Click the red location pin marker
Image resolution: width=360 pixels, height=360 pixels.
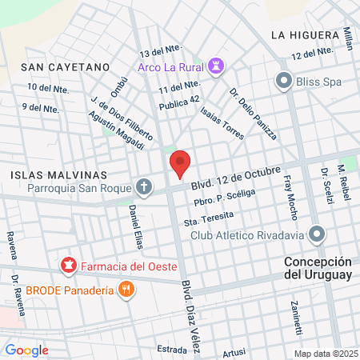pyautogui.click(x=180, y=163)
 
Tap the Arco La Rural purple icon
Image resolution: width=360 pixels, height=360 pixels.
pyautogui.click(x=215, y=67)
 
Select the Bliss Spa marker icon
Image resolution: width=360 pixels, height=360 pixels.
pyautogui.click(x=283, y=80)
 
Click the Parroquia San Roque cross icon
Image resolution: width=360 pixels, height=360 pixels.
pyautogui.click(x=144, y=188)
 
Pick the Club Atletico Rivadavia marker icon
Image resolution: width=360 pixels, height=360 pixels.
pyautogui.click(x=318, y=235)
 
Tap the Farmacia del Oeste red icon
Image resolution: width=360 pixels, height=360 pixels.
pyautogui.click(x=69, y=264)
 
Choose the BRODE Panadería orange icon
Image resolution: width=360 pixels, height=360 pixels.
pyautogui.click(x=126, y=290)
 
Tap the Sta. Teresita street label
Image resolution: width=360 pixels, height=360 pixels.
pyautogui.click(x=209, y=218)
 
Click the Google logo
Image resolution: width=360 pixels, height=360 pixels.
pyautogui.click(x=26, y=350)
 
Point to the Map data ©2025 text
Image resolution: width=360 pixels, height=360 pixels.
pyautogui.click(x=325, y=354)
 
